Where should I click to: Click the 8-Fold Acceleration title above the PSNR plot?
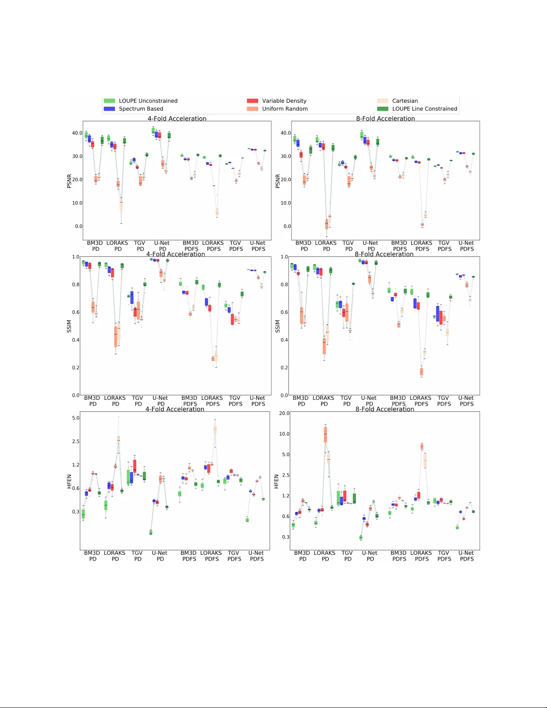[385, 118]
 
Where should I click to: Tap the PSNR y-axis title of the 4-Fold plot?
[69, 181]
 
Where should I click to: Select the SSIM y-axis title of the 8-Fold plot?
[277, 326]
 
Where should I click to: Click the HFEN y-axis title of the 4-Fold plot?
[69, 481]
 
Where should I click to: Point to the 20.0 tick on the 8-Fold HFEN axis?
[284, 413]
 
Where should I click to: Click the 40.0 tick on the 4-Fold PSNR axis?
[77, 133]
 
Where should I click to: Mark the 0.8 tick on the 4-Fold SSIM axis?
[76, 285]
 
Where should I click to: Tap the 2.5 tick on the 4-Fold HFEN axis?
[76, 441]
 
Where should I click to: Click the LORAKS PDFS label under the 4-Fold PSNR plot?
[213, 246]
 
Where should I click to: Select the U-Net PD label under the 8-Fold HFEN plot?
[370, 556]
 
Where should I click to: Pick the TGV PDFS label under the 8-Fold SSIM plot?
[443, 401]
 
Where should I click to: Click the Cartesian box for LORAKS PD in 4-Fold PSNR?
[121, 205]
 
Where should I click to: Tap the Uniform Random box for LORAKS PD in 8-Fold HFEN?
[325, 434]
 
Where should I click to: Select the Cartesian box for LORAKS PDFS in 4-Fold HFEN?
[215, 430]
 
